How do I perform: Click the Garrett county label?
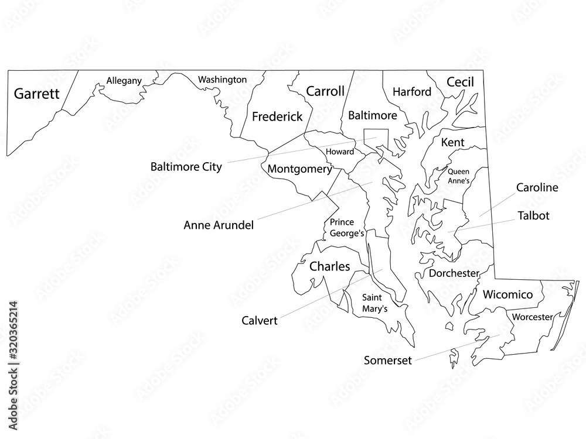coord(37,94)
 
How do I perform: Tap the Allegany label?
coord(124,81)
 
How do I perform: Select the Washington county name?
coord(222,80)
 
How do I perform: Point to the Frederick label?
coord(277,116)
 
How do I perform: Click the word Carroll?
coord(325,92)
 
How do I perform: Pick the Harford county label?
coord(412,92)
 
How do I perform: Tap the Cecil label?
coord(460,83)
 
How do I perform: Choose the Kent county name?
coord(452,142)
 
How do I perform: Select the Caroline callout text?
coord(537,188)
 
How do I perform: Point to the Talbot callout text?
coord(533,216)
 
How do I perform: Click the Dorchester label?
coord(454,273)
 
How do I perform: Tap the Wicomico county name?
coord(507,295)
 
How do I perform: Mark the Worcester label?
coord(532,318)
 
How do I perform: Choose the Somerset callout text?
coord(388,360)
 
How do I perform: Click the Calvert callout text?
coord(259,321)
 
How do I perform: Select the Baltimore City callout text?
coord(186,167)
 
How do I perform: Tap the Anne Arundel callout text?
coord(219,225)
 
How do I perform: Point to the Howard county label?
coord(340,152)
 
